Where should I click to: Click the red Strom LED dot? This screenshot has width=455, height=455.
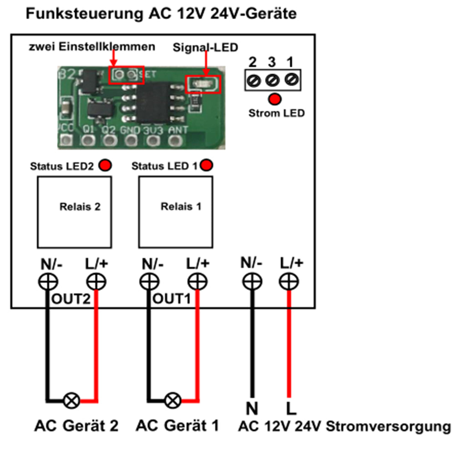point(275,99)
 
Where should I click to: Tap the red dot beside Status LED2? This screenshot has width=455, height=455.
point(106,165)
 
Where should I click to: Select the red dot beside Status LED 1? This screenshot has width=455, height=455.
point(206,165)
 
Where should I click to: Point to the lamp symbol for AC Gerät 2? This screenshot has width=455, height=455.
point(71,401)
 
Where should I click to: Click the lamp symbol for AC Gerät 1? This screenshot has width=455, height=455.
point(172,401)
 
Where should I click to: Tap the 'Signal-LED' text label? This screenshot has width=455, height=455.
point(205,48)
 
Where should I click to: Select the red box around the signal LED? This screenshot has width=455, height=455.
point(203,84)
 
